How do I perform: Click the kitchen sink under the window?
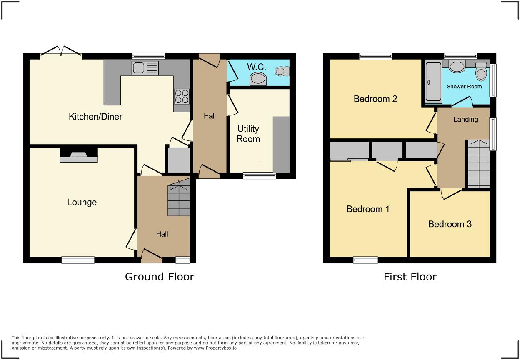click(145, 68)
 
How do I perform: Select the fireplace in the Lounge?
click(79, 155)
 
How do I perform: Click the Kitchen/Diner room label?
click(95, 117)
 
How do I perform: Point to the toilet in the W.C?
click(282, 71)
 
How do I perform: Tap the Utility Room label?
click(248, 134)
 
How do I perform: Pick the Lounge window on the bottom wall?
click(78, 260)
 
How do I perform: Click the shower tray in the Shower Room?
click(433, 82)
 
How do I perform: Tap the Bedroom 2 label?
click(375, 99)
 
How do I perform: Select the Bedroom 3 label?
click(450, 224)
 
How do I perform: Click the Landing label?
click(465, 120)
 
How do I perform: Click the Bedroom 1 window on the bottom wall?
click(365, 260)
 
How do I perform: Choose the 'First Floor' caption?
click(410, 277)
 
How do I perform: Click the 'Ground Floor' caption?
click(160, 277)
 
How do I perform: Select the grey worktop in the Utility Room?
click(281, 144)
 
